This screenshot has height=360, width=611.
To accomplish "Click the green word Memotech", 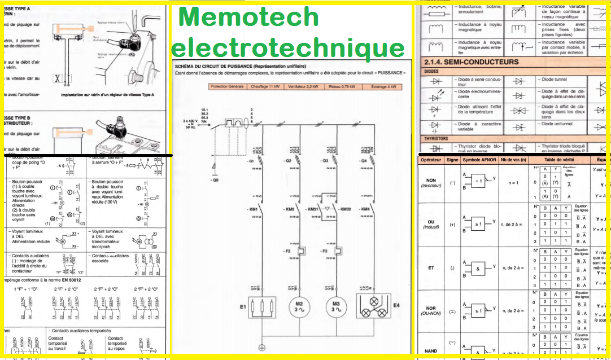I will coord(248,17).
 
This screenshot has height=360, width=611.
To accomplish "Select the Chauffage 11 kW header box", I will coord(265,86).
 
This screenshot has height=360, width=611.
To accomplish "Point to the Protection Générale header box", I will coord(227,86).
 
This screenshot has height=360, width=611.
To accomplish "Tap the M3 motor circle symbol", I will coord(337,308).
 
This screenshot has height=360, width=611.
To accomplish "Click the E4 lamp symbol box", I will coord(374,308).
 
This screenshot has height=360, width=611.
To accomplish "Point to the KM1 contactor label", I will coord(252,209).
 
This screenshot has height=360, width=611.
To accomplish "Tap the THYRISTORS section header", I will coord(436,138).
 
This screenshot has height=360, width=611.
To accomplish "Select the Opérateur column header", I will coord(430,160).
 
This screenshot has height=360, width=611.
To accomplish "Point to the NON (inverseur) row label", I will coord(431,183).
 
